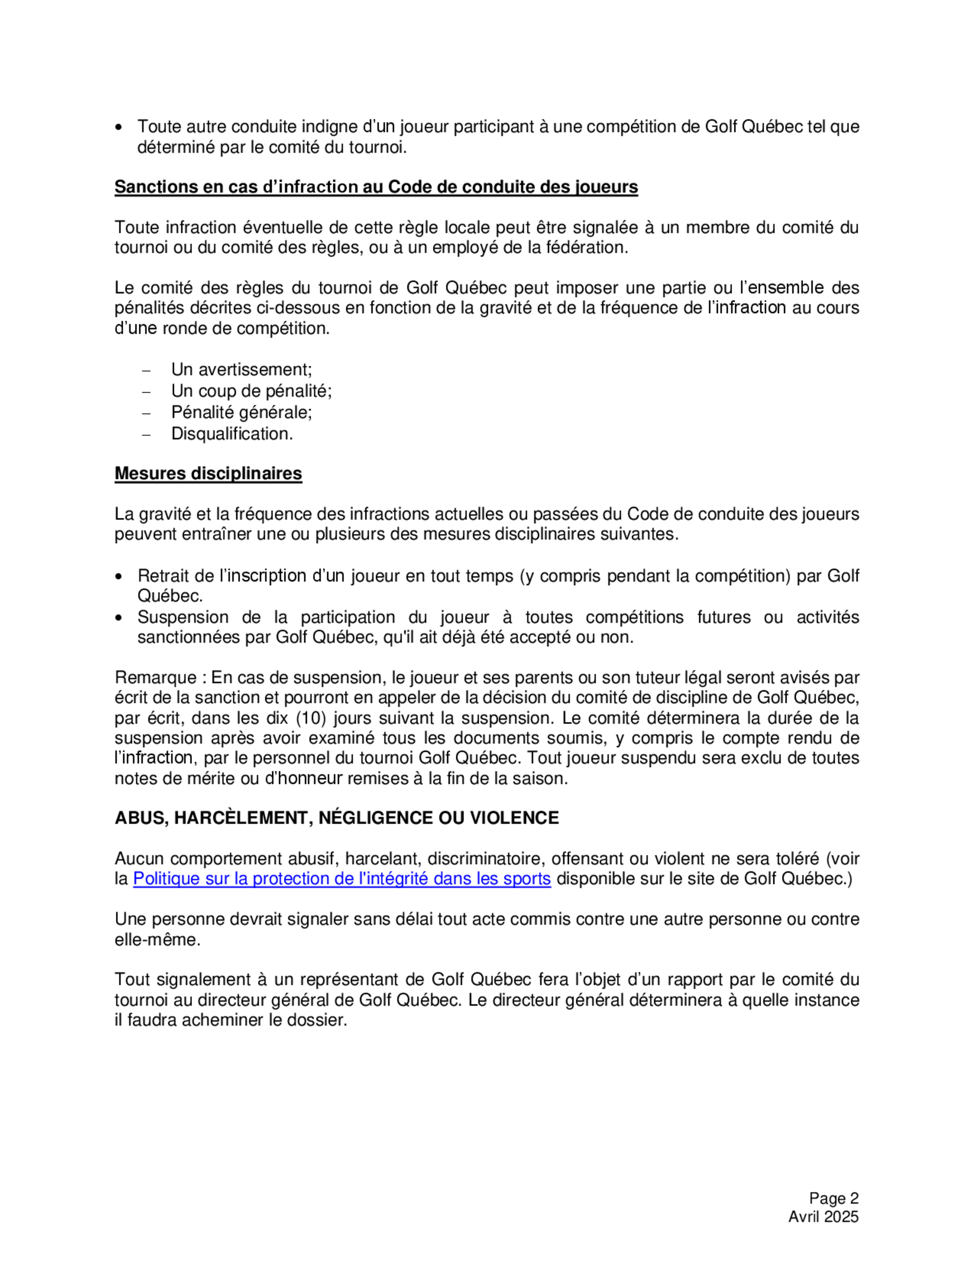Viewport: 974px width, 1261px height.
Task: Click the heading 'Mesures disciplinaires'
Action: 208,474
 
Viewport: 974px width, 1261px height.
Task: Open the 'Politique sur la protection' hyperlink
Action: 341,879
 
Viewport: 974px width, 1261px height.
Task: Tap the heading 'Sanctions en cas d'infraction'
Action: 375,187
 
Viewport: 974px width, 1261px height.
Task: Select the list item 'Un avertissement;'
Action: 241,369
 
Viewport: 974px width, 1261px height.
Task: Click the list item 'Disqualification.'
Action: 232,434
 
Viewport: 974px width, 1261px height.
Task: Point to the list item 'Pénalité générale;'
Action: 241,412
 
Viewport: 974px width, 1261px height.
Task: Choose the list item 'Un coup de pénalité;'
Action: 252,391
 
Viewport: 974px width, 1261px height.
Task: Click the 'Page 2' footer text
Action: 834,1198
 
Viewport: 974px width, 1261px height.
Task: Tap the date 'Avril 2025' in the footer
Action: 824,1217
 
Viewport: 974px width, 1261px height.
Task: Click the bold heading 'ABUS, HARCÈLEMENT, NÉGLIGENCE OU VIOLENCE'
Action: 337,818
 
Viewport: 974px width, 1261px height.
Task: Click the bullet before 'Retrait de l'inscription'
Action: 119,577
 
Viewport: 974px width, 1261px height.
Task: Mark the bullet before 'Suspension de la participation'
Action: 119,618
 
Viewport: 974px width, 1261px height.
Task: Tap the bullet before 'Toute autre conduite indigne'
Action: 119,128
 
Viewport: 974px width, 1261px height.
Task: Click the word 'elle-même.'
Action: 157,939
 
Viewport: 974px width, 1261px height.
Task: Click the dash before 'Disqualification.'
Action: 146,435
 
